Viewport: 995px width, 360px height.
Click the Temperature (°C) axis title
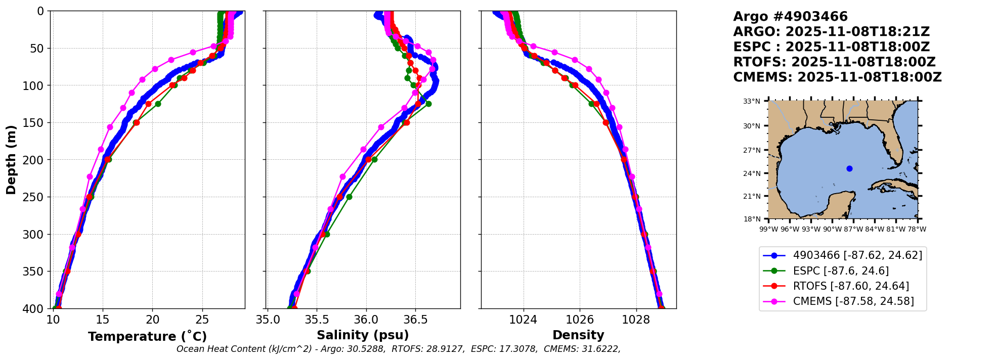tap(147, 337)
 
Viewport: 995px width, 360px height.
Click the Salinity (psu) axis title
tap(363, 335)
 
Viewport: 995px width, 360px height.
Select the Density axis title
tap(578, 335)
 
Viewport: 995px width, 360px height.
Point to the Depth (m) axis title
tap(11, 159)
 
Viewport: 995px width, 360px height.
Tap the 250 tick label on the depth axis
tap(34, 197)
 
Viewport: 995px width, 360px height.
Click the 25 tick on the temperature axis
tap(202, 320)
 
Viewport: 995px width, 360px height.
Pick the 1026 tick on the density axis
tap(579, 320)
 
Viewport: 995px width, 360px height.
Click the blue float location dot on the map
tap(849, 168)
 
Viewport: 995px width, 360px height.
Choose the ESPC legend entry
tap(841, 271)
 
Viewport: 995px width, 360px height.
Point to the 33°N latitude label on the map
tap(752, 101)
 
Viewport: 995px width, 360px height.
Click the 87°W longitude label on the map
tap(853, 229)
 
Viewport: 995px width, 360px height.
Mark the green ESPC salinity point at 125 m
tap(428, 104)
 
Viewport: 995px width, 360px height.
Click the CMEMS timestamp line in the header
tap(837, 77)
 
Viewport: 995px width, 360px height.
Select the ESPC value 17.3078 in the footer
tap(521, 349)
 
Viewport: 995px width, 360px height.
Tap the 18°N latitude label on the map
tap(752, 219)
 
